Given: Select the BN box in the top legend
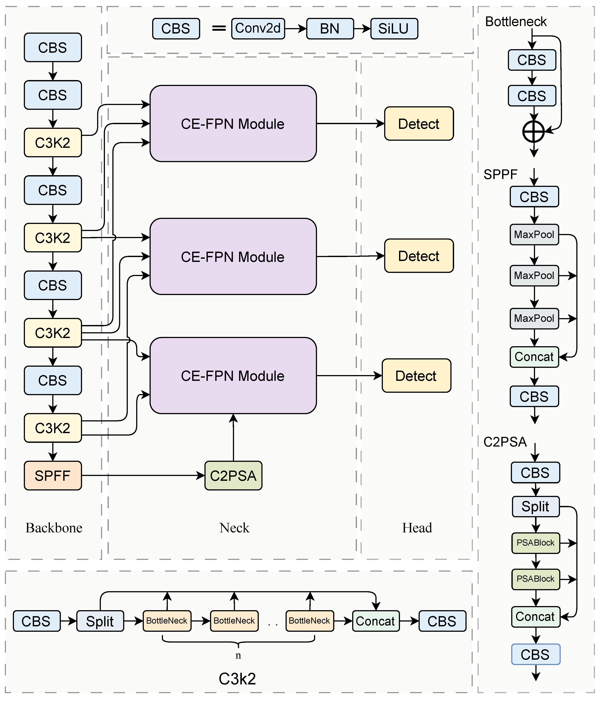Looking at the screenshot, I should (330, 29).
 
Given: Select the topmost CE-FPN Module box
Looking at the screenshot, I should (233, 123).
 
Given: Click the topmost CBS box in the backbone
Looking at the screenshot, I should (53, 47).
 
